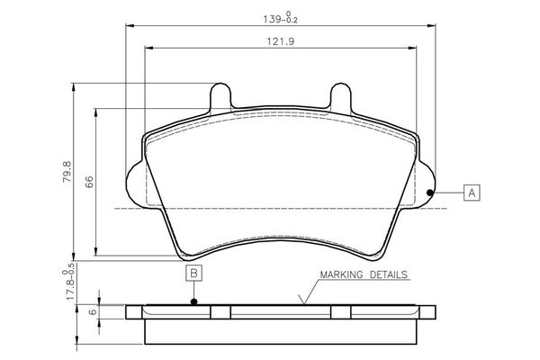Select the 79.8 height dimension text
pos(65,171)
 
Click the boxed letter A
pos(472,192)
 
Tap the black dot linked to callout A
pos(430,192)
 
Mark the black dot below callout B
pos(193,301)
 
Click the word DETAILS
pos(390,274)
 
